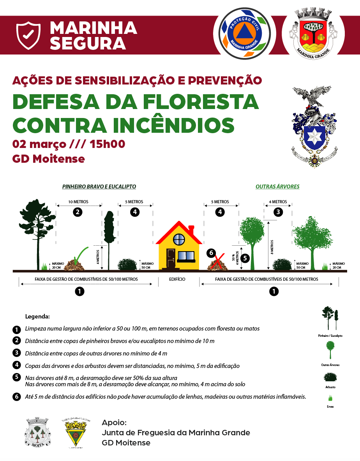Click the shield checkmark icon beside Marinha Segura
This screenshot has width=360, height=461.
(x=28, y=36)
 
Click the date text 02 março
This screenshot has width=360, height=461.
(x=39, y=144)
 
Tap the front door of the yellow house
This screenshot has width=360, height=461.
(x=171, y=258)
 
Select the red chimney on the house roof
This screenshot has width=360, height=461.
(x=191, y=229)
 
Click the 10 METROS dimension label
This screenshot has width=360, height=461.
(x=79, y=202)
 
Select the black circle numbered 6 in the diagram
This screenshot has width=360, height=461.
(x=211, y=253)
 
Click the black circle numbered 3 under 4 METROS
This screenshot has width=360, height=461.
(x=278, y=212)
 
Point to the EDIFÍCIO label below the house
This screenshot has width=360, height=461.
(x=177, y=279)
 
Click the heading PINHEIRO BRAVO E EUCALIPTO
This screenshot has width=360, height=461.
(x=99, y=187)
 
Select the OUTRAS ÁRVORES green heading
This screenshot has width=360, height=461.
(x=277, y=187)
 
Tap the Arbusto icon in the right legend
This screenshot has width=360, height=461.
(x=330, y=377)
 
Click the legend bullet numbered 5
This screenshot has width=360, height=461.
(x=16, y=377)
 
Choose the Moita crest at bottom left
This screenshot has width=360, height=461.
(x=38, y=432)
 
